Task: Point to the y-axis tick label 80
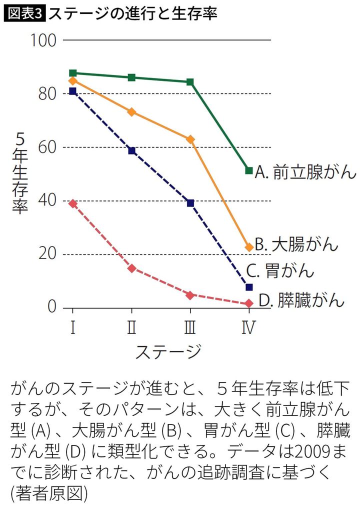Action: point(44,93)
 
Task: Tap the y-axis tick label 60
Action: point(44,147)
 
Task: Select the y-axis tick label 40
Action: point(44,201)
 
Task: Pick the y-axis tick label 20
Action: point(44,254)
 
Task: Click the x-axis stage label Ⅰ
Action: point(73,327)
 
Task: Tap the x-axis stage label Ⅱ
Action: point(131,327)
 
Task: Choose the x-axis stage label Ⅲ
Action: point(190,327)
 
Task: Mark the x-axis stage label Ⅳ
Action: point(248,327)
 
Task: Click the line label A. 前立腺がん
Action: point(305,172)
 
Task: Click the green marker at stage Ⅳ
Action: point(249,171)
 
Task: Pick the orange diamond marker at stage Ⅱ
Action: point(131,112)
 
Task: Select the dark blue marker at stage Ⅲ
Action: point(190,203)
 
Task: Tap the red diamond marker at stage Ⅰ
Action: point(73,203)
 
